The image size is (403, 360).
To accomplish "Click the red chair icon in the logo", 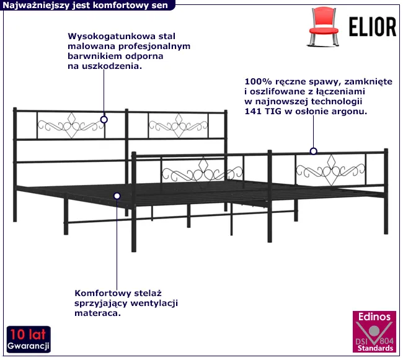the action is tap(324, 27).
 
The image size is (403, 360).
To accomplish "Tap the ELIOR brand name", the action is tap(373, 27).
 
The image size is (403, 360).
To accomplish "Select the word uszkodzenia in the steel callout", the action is tap(112, 66).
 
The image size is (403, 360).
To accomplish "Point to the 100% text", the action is tap(258, 81).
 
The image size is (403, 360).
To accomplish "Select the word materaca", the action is tap(98, 313).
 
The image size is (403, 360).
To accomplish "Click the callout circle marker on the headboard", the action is tap(104, 120).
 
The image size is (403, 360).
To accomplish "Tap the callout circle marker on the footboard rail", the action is tap(313, 151).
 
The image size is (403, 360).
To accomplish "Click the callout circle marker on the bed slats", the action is tap(117, 196).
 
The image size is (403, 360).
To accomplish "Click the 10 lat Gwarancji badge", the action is tap(29, 339).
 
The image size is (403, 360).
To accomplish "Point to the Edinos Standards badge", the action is tap(374, 331).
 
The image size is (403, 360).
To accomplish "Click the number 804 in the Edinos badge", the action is tap(386, 341).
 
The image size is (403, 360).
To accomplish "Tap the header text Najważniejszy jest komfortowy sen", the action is tap(85, 5).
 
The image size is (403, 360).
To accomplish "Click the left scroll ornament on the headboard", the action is tap(71, 125).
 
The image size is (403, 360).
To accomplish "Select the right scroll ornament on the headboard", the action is tap(179, 125).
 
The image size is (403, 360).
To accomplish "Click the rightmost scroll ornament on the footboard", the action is tap(331, 170).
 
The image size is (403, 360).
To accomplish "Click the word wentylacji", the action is tap(154, 303).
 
